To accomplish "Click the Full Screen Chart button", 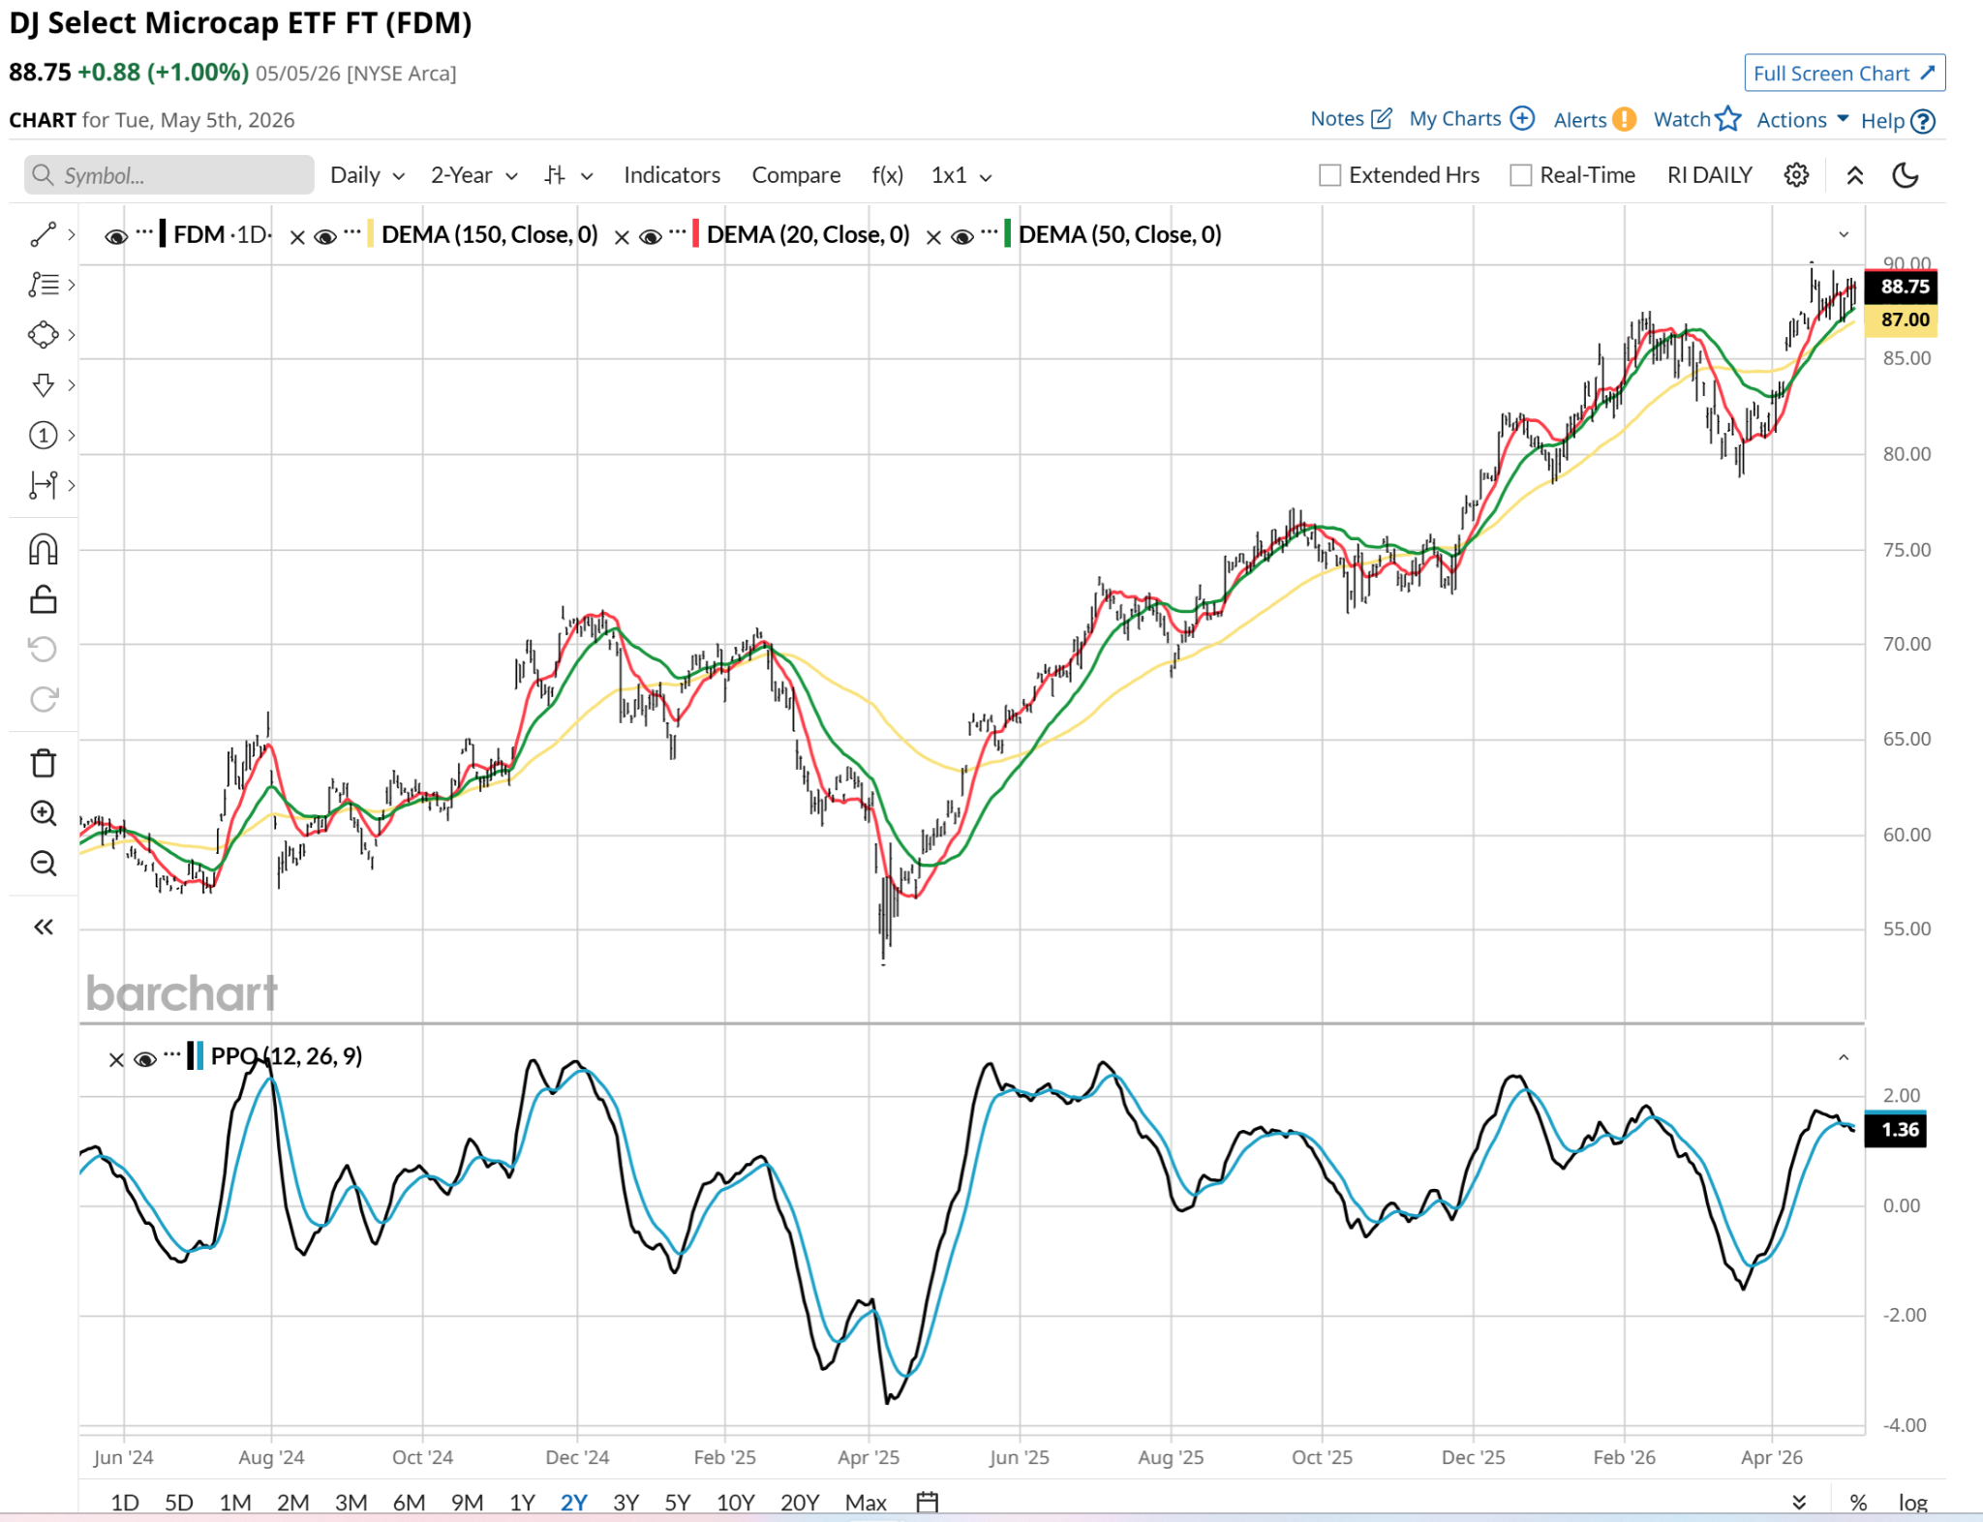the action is point(1845,74).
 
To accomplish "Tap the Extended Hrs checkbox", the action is point(1330,175).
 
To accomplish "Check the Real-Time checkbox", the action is point(1521,175).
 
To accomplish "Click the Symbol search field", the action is point(169,175).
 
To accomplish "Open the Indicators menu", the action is point(672,175).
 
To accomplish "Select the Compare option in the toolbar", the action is point(796,175).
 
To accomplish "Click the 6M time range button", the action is point(409,1502).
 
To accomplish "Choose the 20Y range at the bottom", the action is point(799,1502).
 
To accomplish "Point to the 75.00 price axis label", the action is point(1907,550).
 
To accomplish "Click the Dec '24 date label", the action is point(577,1457).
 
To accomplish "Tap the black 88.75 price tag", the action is point(1904,287).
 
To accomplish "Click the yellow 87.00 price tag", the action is point(1904,320).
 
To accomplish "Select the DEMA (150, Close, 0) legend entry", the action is point(489,235).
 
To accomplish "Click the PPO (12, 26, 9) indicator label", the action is point(287,1056).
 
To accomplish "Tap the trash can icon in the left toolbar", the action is point(44,764).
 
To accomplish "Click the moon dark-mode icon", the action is point(1906,175).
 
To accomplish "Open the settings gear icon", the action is point(1796,175).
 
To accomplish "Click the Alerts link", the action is point(1594,120).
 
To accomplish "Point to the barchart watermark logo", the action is point(182,993).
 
